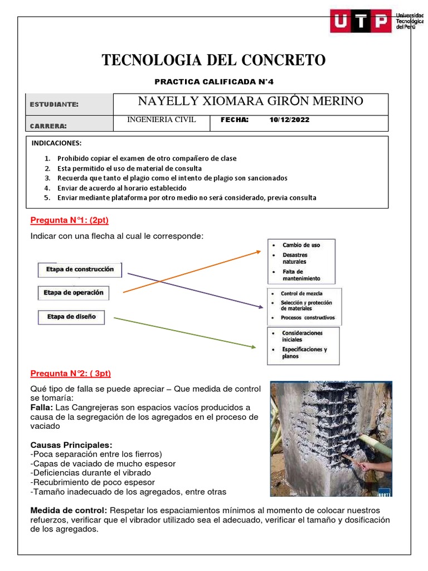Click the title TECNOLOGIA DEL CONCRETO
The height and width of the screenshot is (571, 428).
(x=213, y=60)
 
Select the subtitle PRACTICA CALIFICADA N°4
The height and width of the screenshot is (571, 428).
(x=214, y=82)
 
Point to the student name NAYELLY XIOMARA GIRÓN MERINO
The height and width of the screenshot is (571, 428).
(x=250, y=101)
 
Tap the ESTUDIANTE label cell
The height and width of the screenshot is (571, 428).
(x=54, y=104)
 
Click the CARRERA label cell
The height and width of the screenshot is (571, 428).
(x=48, y=125)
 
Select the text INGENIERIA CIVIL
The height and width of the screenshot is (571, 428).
(x=162, y=120)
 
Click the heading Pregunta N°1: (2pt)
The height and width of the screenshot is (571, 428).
(x=69, y=220)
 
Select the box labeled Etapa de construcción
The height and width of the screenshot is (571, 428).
(x=80, y=269)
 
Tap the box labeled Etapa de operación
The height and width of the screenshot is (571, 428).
(x=73, y=293)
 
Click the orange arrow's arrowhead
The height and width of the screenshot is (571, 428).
(x=259, y=251)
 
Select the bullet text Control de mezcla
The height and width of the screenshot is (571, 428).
(x=301, y=293)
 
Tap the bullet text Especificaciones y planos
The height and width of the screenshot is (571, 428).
(x=304, y=352)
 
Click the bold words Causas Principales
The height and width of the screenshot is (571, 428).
(x=71, y=445)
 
